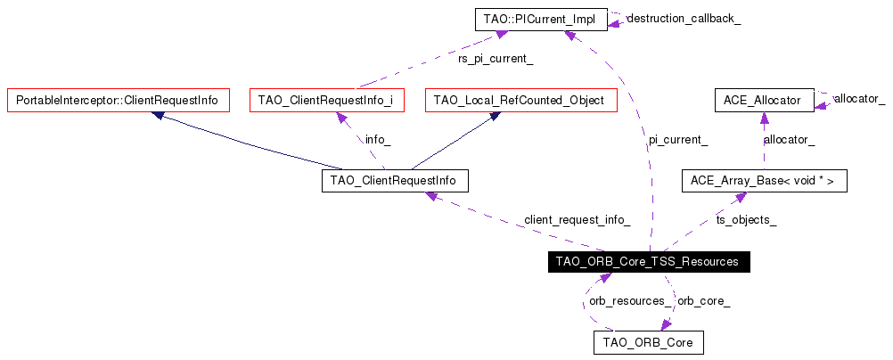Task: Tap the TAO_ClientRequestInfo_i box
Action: pyautogui.click(x=326, y=100)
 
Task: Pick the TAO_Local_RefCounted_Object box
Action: pyautogui.click(x=521, y=100)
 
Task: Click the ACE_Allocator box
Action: pyautogui.click(x=764, y=100)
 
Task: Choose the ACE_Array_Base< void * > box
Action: pyautogui.click(x=763, y=181)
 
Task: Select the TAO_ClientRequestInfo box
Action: pyautogui.click(x=394, y=181)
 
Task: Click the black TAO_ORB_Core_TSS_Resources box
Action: pyautogui.click(x=647, y=262)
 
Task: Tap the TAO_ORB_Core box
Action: pyautogui.click(x=648, y=342)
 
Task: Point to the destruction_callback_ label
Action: pyautogui.click(x=684, y=18)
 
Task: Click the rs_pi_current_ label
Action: pyautogui.click(x=496, y=59)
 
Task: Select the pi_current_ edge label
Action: pyautogui.click(x=677, y=140)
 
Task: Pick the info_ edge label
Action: pyautogui.click(x=378, y=140)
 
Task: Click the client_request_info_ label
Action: pyautogui.click(x=577, y=220)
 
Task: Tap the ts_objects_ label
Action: pyautogui.click(x=746, y=220)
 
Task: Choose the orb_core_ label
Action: pyautogui.click(x=703, y=300)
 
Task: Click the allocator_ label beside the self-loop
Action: pyautogui.click(x=859, y=98)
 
